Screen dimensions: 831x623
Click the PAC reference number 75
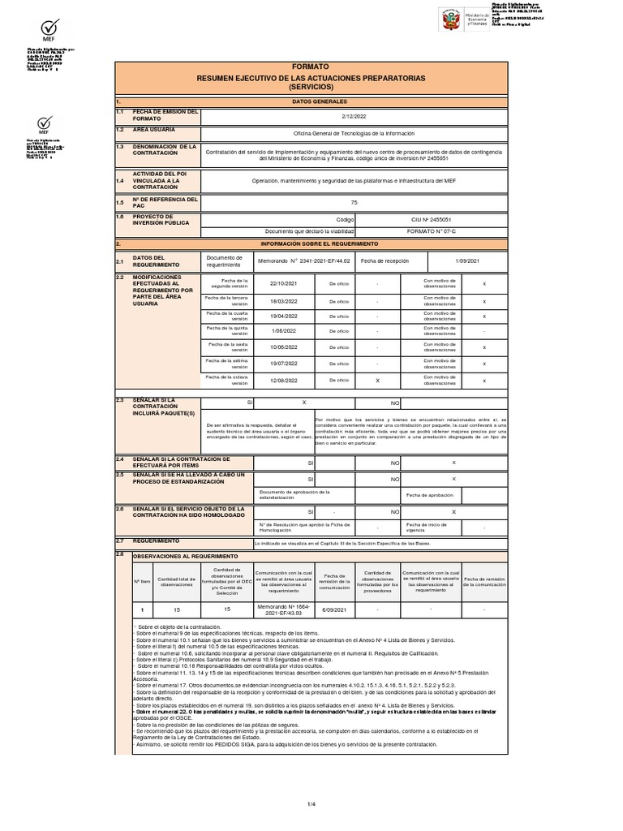tap(354, 202)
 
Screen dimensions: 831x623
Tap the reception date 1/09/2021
tap(468, 260)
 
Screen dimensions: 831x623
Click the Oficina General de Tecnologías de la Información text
tap(354, 133)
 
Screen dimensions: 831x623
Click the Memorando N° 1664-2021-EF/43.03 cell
tap(283, 609)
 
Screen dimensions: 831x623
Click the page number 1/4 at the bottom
tap(311, 803)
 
